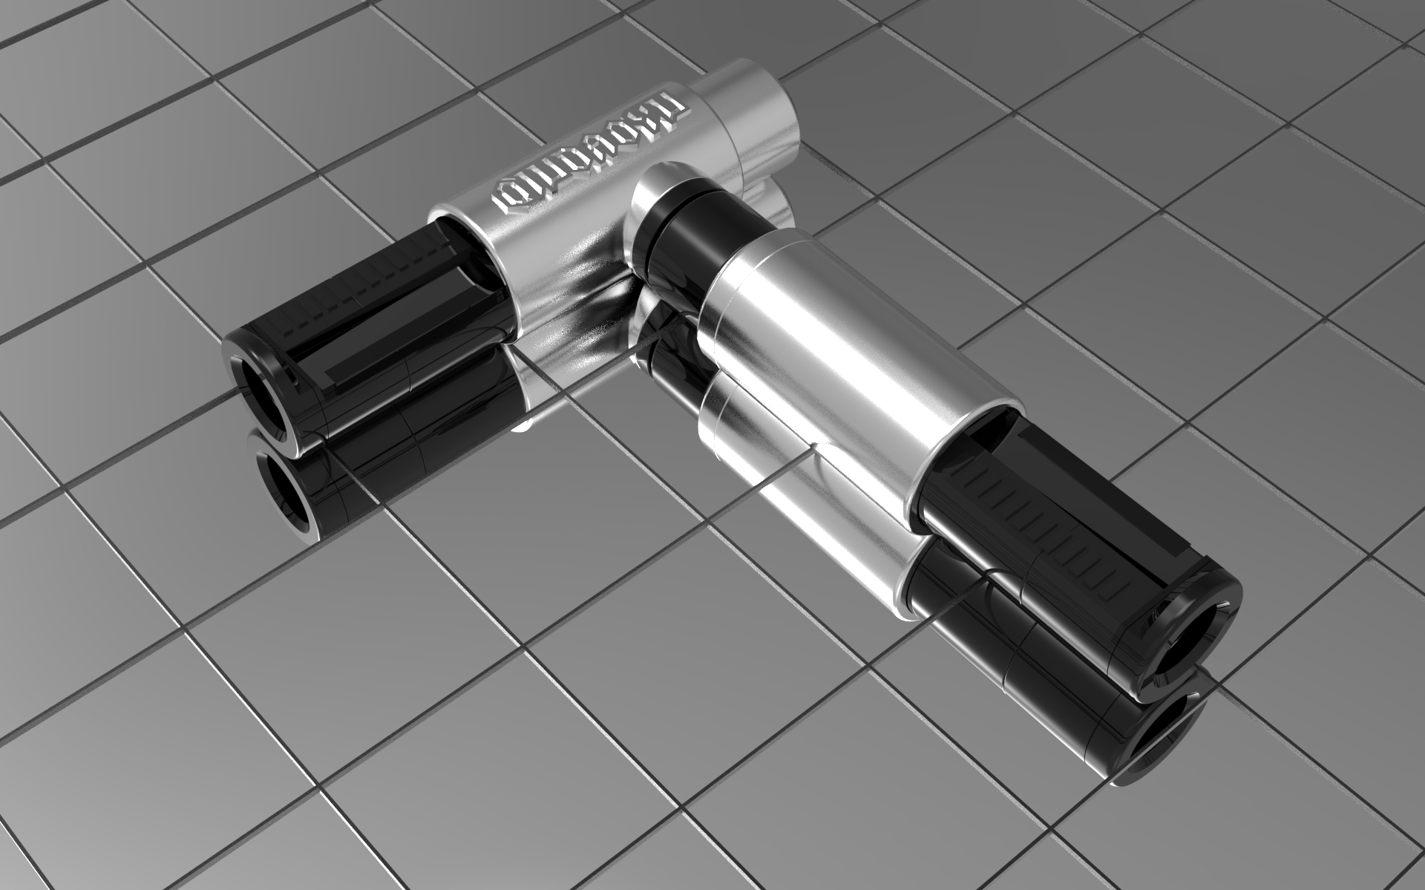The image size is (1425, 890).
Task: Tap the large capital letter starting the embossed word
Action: click(672, 111)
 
